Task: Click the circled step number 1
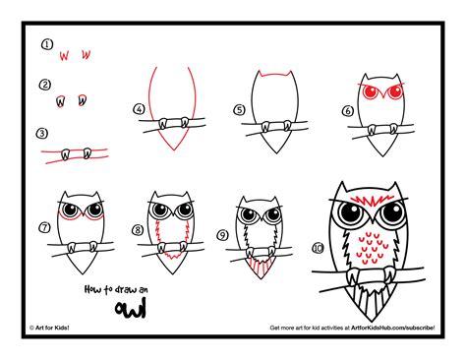pos(45,45)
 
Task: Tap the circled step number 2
pos(45,86)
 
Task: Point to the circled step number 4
pos(140,109)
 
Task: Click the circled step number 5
pos(238,110)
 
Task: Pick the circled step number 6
pos(347,110)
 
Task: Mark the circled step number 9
pos(223,235)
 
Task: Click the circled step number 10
pos(316,247)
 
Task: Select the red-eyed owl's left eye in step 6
pos(369,93)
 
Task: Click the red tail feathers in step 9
pos(260,264)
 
